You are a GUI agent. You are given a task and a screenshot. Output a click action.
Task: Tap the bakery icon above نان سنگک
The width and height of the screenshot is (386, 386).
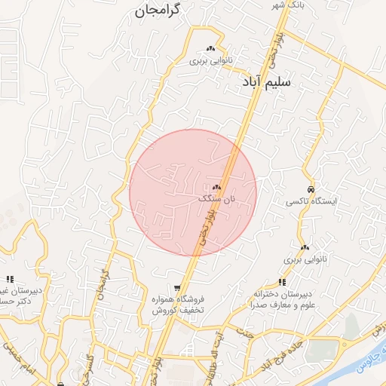click(x=217, y=186)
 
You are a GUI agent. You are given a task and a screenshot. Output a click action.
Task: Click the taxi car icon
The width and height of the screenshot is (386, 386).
click(x=311, y=189)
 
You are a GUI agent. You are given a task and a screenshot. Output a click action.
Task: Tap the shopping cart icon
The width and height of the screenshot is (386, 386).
click(x=177, y=287)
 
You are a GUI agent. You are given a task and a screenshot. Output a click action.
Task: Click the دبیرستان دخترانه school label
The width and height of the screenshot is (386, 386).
click(x=283, y=294)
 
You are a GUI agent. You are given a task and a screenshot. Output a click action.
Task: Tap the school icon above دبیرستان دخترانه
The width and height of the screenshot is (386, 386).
click(x=282, y=282)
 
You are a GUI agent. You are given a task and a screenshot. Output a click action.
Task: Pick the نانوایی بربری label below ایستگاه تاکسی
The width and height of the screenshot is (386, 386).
click(x=305, y=259)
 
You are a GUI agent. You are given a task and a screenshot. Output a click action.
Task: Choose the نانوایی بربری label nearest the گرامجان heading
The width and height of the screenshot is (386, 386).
click(x=210, y=60)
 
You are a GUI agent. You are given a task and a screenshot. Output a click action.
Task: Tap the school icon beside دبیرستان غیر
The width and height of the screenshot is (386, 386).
click(x=10, y=279)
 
